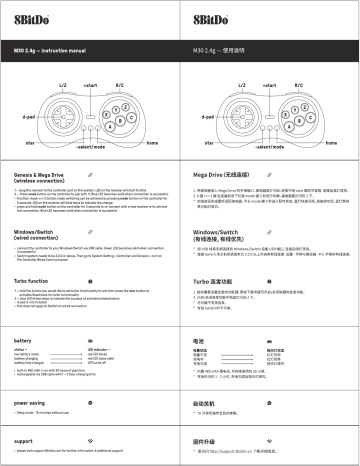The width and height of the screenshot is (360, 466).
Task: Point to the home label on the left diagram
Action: pos(152,144)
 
